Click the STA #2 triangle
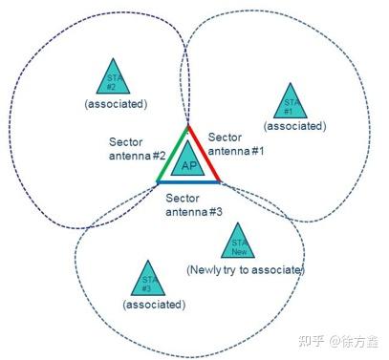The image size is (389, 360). [114, 77]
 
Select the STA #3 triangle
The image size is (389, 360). [146, 278]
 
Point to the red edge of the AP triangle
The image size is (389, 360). [205, 153]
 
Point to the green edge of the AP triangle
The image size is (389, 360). [172, 154]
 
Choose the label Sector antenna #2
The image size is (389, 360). [139, 149]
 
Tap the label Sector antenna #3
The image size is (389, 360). [195, 204]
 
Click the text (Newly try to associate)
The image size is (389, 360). [246, 271]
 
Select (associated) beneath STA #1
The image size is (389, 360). [292, 125]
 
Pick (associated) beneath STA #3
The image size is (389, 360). [152, 303]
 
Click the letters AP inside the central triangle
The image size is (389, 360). [188, 165]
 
